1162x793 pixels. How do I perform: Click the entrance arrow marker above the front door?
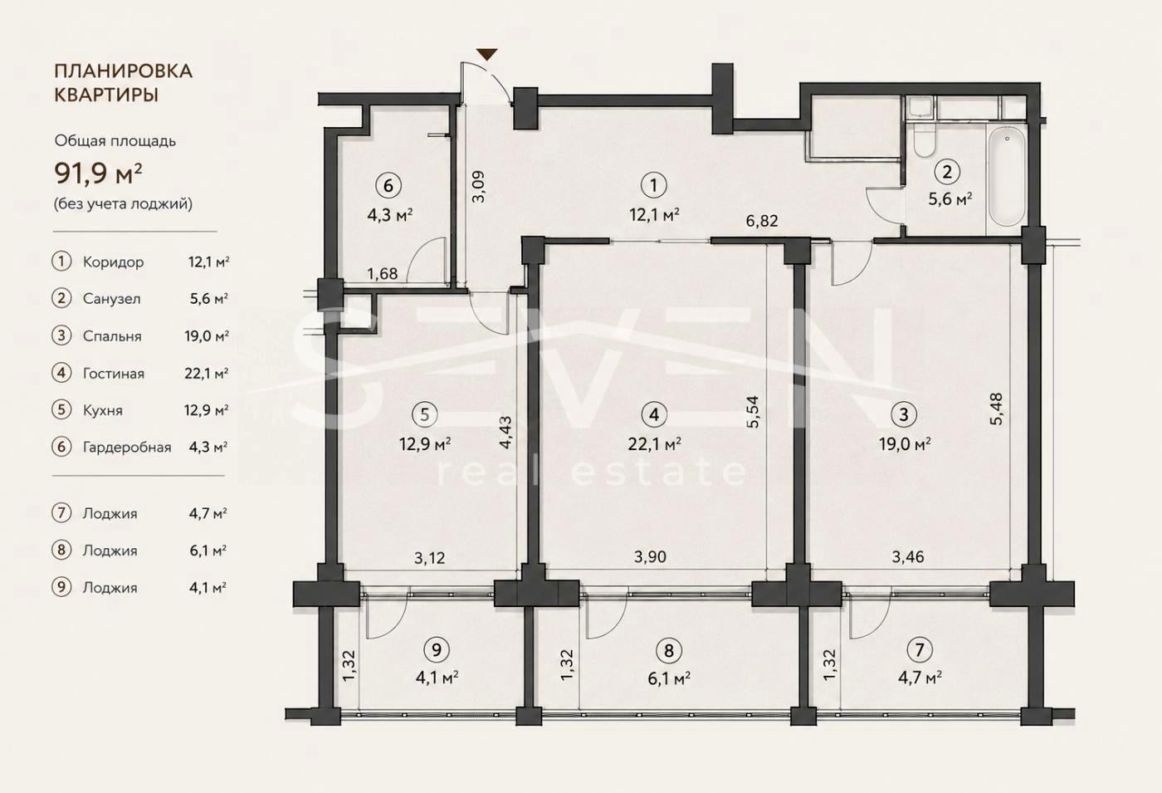[487, 55]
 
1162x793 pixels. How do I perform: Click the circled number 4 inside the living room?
[653, 414]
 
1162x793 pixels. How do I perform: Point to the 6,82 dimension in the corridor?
[762, 221]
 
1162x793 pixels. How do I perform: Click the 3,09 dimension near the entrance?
[478, 186]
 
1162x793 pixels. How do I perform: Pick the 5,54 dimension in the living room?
[753, 412]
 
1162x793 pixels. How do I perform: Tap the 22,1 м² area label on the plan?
[654, 444]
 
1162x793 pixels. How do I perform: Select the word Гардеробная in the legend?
[127, 448]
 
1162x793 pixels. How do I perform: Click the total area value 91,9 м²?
[98, 173]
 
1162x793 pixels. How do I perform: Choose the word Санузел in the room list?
[111, 299]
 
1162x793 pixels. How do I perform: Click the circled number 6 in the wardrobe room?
[388, 185]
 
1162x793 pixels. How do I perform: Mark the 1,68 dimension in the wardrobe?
[383, 273]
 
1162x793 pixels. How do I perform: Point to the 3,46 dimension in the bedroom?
[908, 557]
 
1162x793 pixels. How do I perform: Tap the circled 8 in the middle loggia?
[669, 649]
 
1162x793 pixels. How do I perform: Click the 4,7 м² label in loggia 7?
[920, 678]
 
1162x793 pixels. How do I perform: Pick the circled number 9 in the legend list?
[61, 587]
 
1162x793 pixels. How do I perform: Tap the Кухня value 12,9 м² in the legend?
[207, 410]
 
